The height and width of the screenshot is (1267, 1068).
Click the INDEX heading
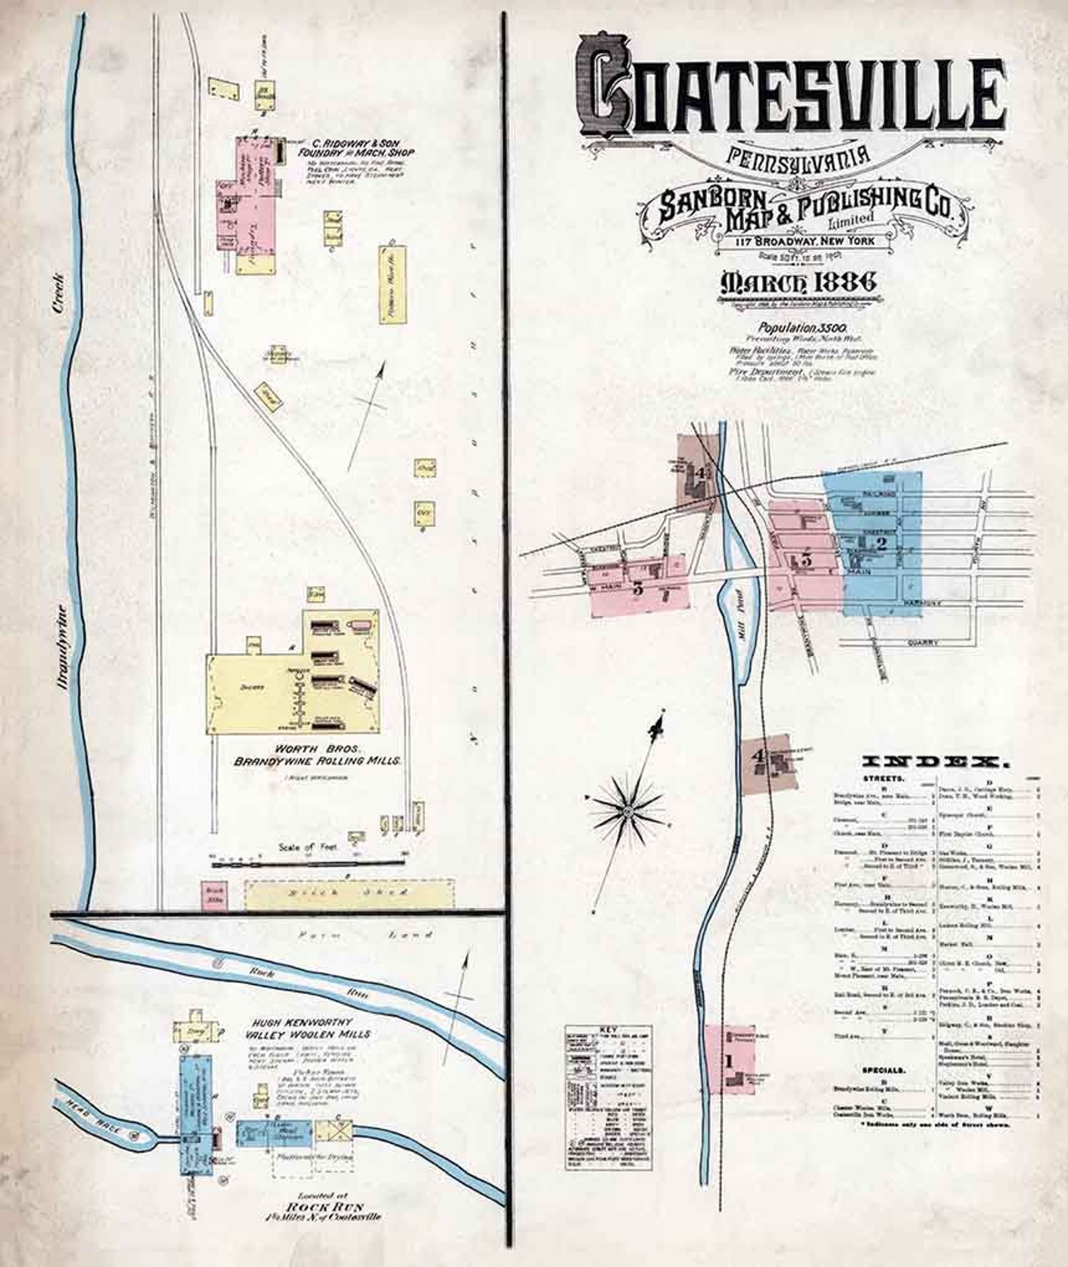point(936,762)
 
